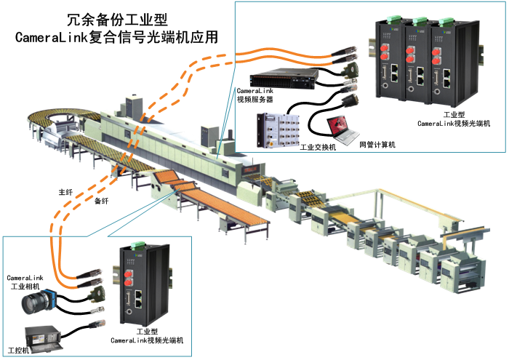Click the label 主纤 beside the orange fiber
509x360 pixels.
[x=66, y=193]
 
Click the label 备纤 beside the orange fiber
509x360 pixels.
[x=92, y=200]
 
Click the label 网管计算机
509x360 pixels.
[x=377, y=145]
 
